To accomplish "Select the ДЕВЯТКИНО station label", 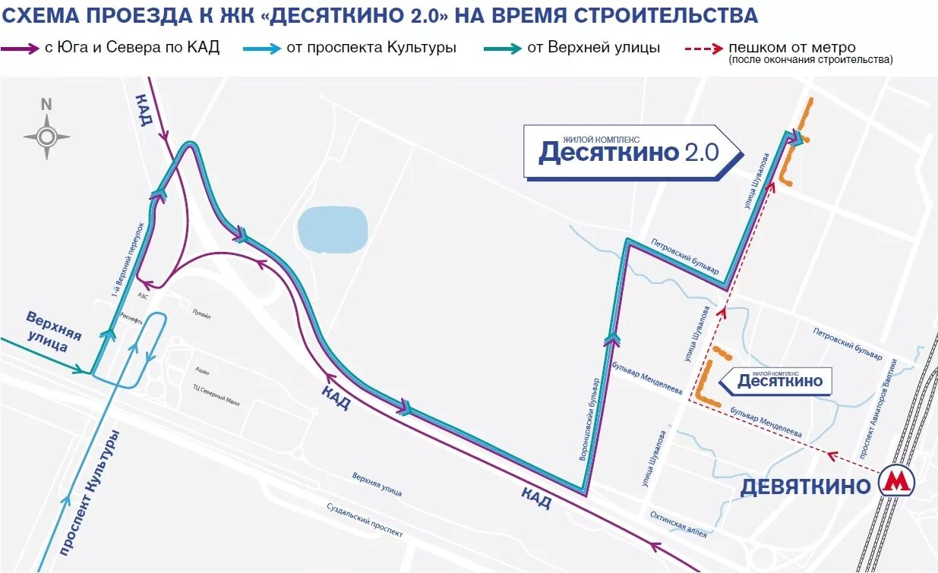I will (x=805, y=486).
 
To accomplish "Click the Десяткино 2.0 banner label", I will (x=628, y=151).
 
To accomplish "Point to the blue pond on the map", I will (x=333, y=228).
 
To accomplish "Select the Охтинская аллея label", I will (x=677, y=524).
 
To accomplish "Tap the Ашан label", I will (x=202, y=371).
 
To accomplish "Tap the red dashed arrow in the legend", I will (x=703, y=49).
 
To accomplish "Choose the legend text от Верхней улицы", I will (x=593, y=48).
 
